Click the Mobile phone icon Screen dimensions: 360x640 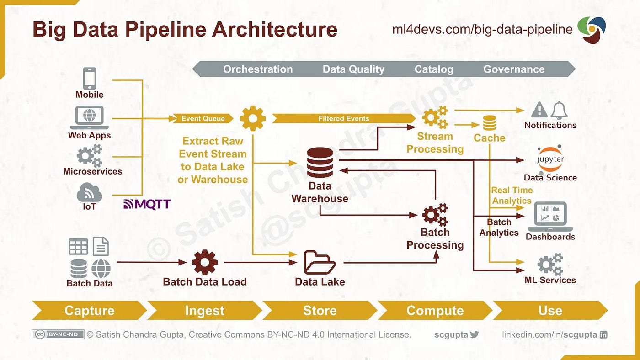[89, 79]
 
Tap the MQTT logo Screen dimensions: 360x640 [147, 204]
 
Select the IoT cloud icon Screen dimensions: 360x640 [89, 192]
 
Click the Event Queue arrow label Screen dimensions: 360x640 [203, 119]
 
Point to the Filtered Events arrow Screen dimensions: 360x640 [344, 119]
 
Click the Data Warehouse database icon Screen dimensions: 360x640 [320, 163]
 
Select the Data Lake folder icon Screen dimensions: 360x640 [320, 262]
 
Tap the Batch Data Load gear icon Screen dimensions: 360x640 [204, 262]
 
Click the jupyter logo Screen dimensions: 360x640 [550, 159]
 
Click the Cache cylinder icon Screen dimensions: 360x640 [489, 123]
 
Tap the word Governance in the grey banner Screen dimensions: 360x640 [514, 69]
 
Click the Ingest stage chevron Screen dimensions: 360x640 [204, 311]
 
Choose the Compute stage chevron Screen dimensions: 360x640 [435, 311]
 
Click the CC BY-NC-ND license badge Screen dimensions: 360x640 [58, 334]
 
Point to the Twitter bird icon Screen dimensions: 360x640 [475, 334]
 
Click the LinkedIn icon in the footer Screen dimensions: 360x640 [603, 334]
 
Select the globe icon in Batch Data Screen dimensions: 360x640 [101, 269]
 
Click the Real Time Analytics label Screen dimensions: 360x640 [512, 195]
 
